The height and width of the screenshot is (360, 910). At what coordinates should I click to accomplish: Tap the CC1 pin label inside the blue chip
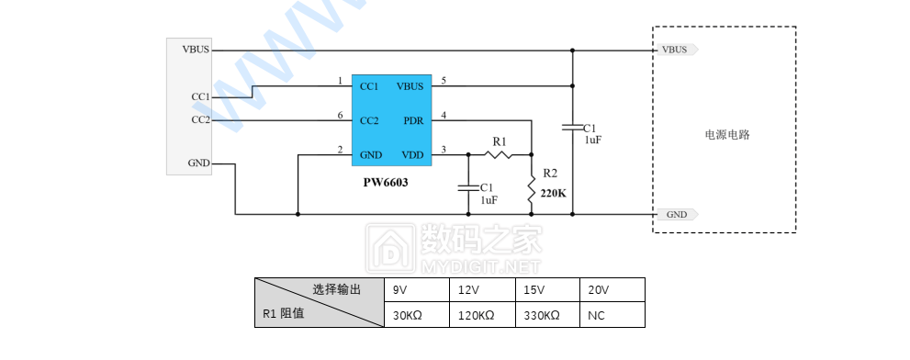click(x=369, y=86)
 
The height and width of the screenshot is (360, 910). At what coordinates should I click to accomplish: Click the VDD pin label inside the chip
click(x=411, y=154)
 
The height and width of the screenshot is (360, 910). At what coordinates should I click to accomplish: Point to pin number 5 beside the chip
click(x=444, y=81)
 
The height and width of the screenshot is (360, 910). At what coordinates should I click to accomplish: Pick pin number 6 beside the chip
click(x=340, y=115)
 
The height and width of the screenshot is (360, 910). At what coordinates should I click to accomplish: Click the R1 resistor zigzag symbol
click(x=498, y=154)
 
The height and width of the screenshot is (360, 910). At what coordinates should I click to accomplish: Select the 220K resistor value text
click(x=554, y=194)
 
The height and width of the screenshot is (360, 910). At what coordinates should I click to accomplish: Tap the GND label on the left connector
click(x=198, y=163)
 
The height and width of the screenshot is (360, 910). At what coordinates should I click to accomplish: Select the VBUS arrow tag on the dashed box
click(x=677, y=50)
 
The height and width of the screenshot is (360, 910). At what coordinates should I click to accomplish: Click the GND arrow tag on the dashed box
click(x=678, y=214)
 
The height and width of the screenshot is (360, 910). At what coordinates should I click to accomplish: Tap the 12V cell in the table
click(x=469, y=290)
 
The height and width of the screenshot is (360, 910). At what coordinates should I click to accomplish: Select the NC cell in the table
click(x=595, y=315)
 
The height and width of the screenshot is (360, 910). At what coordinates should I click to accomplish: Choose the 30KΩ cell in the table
click(x=407, y=315)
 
